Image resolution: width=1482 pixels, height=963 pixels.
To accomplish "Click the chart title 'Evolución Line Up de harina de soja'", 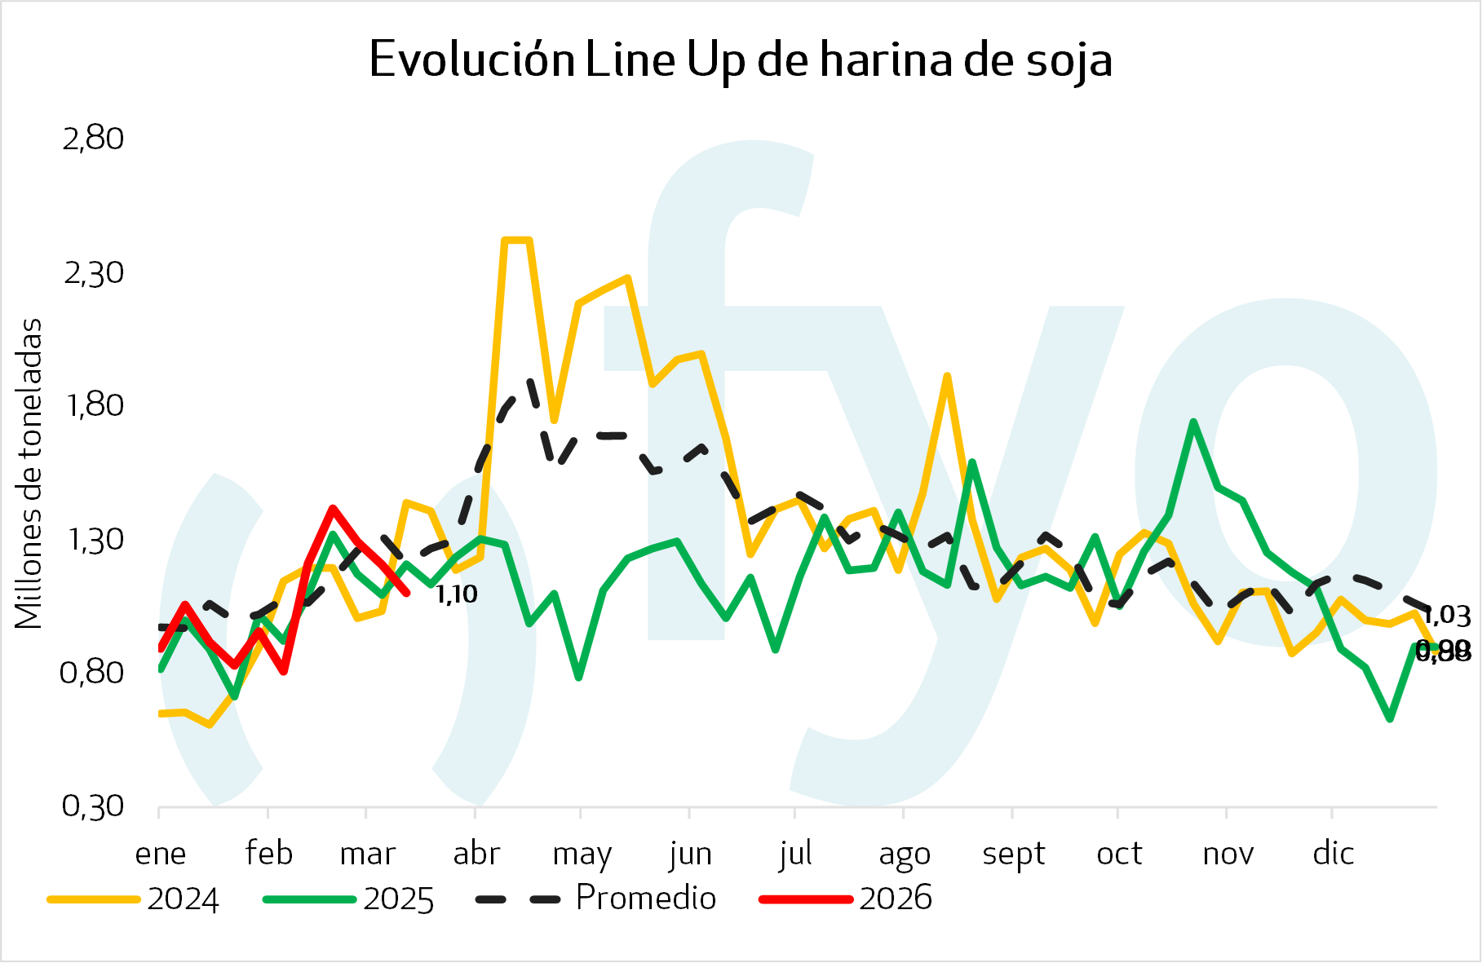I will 741,60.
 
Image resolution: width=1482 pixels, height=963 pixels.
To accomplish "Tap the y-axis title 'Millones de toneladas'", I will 29,473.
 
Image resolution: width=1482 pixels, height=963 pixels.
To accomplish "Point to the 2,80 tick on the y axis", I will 93,139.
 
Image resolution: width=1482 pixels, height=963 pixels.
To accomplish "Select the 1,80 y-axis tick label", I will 93,405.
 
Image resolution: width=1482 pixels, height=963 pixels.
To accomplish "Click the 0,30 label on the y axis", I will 93,806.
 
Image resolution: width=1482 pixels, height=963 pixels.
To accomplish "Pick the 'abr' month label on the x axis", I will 476,854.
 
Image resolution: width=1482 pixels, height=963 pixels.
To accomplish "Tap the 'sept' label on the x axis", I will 1013,854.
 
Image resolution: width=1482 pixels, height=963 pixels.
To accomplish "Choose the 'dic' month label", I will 1333,854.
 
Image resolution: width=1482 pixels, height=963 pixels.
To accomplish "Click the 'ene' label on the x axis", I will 161,854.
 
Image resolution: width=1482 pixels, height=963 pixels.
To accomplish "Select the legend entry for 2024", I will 134,899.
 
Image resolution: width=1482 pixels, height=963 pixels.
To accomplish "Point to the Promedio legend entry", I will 596,899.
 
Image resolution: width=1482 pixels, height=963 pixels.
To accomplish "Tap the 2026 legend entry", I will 846,899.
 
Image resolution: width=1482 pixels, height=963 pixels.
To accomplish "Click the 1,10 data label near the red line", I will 457,594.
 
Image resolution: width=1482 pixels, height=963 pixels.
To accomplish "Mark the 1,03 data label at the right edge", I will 1448,616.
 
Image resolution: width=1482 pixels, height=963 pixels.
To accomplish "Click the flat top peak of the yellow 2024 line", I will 517,240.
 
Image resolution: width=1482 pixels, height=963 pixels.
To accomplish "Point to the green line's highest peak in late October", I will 1193,422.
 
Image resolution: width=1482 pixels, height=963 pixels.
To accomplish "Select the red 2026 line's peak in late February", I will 333,508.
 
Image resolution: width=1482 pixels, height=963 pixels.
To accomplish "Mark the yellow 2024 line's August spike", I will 947,376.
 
